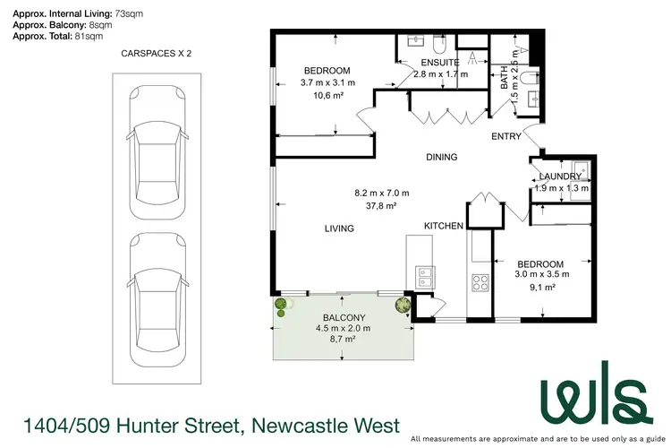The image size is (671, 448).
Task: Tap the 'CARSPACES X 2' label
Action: click(157, 54)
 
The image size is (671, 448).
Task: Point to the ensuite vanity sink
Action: click(416, 41)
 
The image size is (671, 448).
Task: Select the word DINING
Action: click(441, 157)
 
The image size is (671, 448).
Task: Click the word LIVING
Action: click(339, 228)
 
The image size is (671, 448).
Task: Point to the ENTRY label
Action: click(506, 137)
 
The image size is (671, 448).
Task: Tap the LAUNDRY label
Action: click(562, 177)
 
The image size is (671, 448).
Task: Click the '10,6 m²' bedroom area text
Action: click(327, 96)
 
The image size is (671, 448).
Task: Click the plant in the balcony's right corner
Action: click(403, 305)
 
